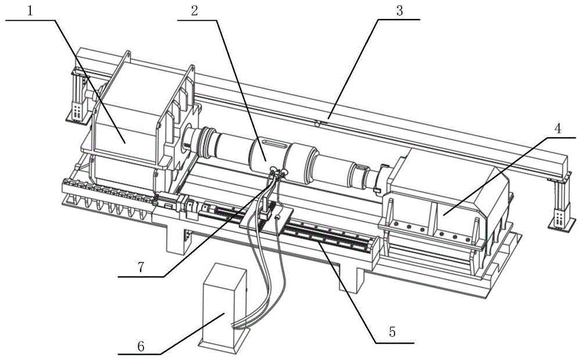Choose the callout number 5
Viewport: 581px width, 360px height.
(x=393, y=333)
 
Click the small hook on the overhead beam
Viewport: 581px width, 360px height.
(x=317, y=123)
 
